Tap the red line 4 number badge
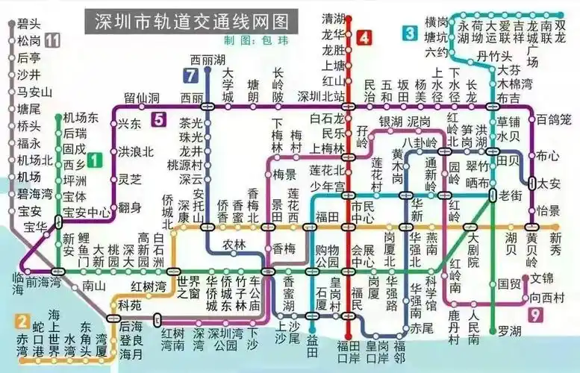click(364, 37)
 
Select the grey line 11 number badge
click(52, 40)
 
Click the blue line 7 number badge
click(191, 75)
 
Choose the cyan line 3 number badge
click(410, 33)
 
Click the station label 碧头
click(29, 24)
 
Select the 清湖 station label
click(332, 17)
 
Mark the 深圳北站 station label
click(321, 96)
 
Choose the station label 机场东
click(80, 118)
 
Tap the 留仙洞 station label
click(141, 98)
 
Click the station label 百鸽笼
click(554, 119)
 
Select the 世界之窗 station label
click(189, 286)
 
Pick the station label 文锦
click(543, 278)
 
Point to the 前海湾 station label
click(42, 283)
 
